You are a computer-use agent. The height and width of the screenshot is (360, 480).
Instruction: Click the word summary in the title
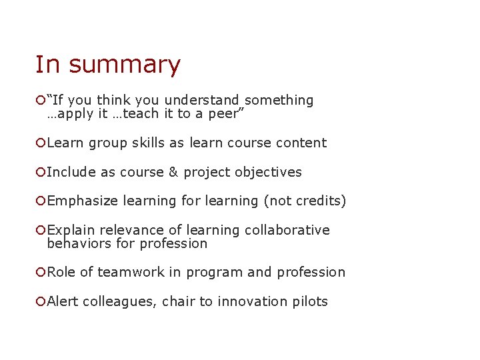[125, 65]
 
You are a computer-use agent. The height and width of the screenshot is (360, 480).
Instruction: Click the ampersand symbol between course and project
[173, 172]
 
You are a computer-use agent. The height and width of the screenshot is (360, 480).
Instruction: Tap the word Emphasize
[83, 201]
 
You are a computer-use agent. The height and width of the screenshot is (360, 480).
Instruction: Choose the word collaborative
[287, 230]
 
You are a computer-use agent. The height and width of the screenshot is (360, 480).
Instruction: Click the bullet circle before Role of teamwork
[41, 272]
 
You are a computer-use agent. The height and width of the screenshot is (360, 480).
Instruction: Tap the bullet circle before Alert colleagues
[41, 301]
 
